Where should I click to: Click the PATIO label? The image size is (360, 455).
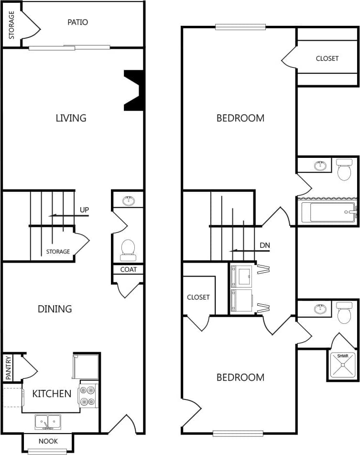click(77, 22)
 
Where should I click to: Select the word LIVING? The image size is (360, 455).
click(71, 118)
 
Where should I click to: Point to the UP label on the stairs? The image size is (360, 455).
click(84, 210)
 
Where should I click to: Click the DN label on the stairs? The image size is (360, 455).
click(265, 245)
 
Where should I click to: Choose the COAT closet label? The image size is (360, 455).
click(128, 269)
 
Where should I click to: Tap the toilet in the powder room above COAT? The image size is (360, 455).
click(128, 248)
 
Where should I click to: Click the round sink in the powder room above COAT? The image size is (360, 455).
click(128, 201)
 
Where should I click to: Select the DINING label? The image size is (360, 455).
click(55, 309)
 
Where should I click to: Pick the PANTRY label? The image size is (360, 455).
click(8, 367)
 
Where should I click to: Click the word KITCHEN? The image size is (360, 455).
click(52, 394)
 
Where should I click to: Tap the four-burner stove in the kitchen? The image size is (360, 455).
click(87, 395)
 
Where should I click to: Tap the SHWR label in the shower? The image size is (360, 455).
click(343, 356)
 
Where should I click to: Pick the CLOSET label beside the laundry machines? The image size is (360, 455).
click(198, 297)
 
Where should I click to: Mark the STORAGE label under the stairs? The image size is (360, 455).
click(58, 252)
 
